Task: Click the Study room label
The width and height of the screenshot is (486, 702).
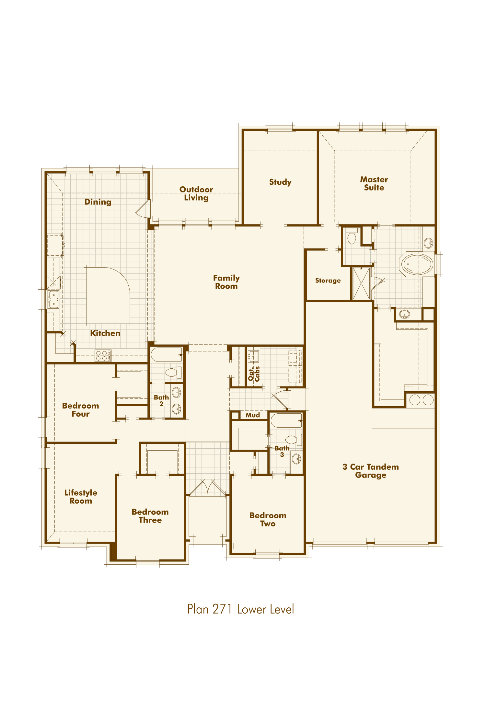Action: click(280, 182)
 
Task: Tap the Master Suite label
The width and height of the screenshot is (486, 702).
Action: click(374, 183)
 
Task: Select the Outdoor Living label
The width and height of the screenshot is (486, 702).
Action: click(196, 193)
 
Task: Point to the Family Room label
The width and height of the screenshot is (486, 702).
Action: click(226, 282)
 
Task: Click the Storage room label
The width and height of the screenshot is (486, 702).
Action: click(328, 281)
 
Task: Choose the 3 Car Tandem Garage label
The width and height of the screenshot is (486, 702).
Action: click(371, 471)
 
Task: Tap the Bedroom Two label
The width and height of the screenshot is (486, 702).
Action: click(268, 519)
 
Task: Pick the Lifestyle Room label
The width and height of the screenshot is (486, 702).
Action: click(81, 497)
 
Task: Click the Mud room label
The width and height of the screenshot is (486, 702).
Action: click(253, 415)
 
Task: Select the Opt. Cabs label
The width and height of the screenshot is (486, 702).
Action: click(254, 374)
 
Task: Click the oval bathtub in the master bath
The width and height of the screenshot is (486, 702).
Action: click(417, 264)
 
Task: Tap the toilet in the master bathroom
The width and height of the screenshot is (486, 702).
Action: click(352, 236)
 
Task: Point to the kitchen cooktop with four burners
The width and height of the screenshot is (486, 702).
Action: click(103, 356)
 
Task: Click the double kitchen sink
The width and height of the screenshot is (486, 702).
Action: click(53, 299)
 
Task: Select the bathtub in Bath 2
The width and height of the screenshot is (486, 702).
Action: click(167, 355)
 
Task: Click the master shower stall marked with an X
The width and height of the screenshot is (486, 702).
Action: click(361, 283)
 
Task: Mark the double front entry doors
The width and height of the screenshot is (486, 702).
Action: click(208, 488)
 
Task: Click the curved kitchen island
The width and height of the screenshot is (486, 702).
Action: click(108, 295)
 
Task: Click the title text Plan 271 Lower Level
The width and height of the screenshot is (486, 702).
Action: click(241, 609)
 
